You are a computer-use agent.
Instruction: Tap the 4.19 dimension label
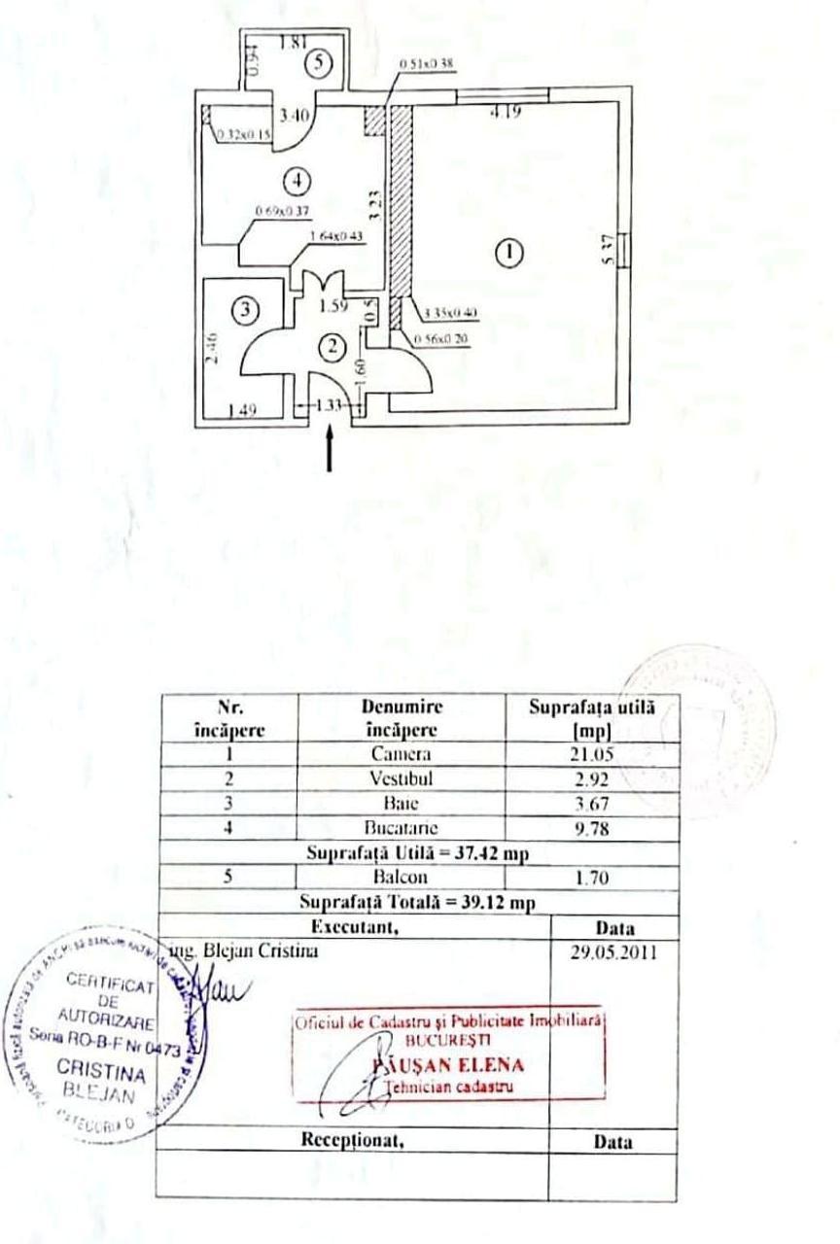505,112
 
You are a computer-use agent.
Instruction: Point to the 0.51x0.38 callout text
427,63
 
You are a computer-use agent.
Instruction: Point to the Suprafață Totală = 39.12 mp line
417,901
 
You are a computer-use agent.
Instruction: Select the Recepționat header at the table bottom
354,1142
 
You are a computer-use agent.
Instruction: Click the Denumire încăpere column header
402,716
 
